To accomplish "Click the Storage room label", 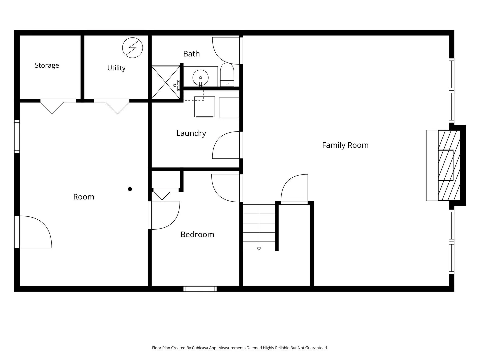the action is [47, 65].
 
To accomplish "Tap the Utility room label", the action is [116, 68].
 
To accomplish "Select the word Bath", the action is [191, 54].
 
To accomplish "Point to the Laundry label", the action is [191, 133].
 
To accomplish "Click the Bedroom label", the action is [197, 235].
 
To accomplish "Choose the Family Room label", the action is [345, 145].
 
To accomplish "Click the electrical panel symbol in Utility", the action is [133, 48].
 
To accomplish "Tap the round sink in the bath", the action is [200, 78].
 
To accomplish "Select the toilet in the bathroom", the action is [227, 75].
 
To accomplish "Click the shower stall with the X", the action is [166, 82].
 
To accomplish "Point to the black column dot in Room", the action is [130, 189].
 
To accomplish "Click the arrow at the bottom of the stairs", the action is [259, 249].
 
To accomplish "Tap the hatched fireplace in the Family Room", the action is [449, 165].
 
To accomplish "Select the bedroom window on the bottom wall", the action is [200, 289].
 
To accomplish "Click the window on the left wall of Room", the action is [17, 136].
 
